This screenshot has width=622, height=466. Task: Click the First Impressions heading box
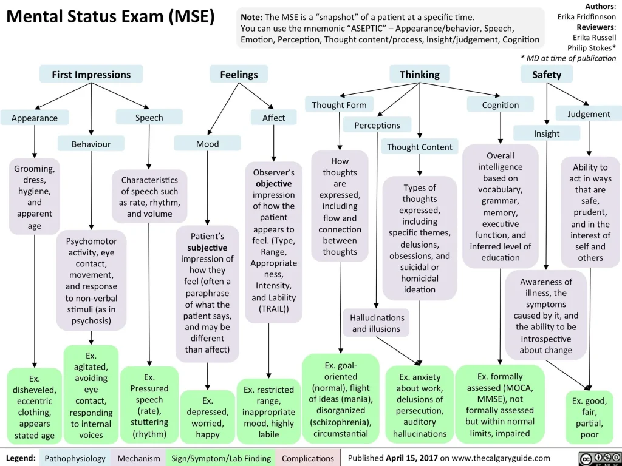91,75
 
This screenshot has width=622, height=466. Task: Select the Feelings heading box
239,75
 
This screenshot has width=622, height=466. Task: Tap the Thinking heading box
419,75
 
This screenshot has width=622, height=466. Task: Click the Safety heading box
547,75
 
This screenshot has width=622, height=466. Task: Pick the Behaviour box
91,144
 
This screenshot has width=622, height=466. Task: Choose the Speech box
149,118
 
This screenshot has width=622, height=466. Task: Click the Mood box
207,144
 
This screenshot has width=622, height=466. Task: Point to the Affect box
273,118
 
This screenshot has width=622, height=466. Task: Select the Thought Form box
339,105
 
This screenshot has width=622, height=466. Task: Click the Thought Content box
419,147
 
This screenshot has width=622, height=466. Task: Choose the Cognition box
500,105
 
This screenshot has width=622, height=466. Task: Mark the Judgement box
589,114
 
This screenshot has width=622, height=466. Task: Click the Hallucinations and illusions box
376,323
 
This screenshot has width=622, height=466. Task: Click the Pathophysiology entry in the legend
75,458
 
